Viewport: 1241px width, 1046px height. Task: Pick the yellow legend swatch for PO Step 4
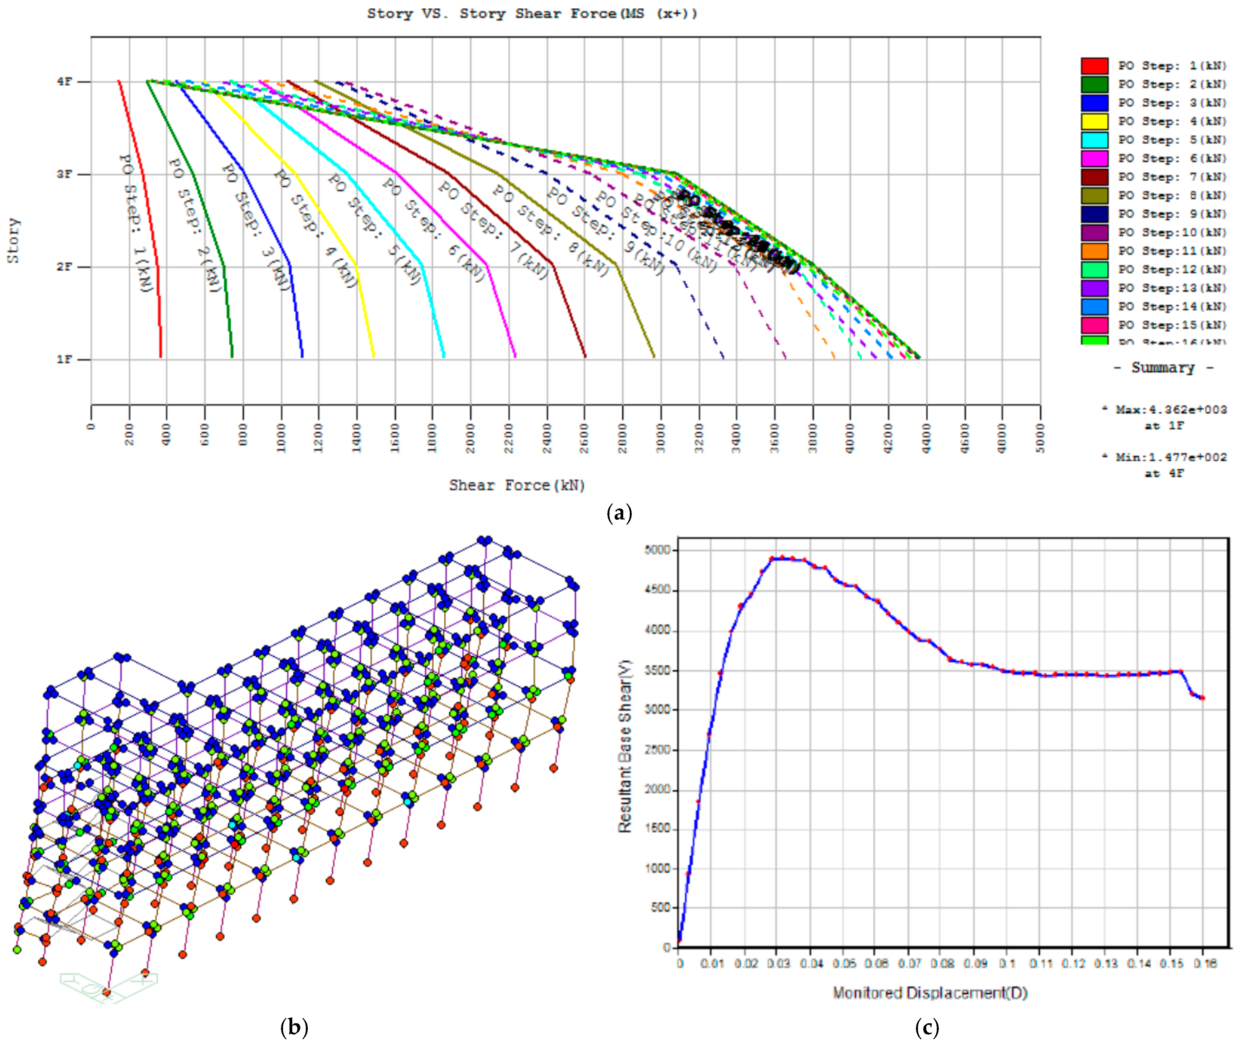pos(1094,121)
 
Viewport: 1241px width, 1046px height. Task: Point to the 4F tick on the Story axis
pos(65,82)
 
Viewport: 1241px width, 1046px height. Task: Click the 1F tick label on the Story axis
pos(65,359)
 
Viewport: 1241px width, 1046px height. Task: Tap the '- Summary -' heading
pos(1163,368)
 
